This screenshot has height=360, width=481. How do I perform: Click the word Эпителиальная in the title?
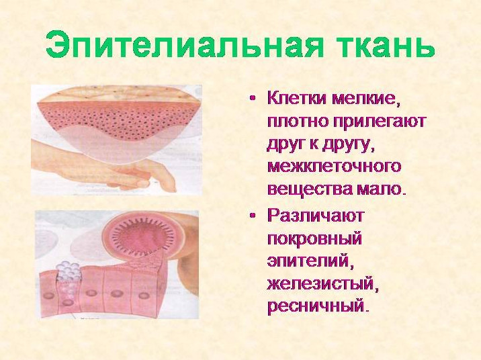185,43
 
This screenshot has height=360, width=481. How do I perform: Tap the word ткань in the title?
386,44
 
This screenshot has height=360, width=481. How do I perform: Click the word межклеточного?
335,167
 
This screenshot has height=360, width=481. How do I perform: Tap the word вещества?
310,188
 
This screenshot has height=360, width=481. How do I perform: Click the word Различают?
315,216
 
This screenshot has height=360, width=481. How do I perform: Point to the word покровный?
314,239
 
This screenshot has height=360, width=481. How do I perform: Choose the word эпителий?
308,261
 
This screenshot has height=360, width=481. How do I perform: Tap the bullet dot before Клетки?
253,99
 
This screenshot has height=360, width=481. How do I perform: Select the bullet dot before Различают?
253,216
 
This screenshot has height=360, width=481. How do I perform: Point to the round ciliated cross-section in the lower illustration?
144,236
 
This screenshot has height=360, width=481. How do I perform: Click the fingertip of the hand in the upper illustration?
142,183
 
